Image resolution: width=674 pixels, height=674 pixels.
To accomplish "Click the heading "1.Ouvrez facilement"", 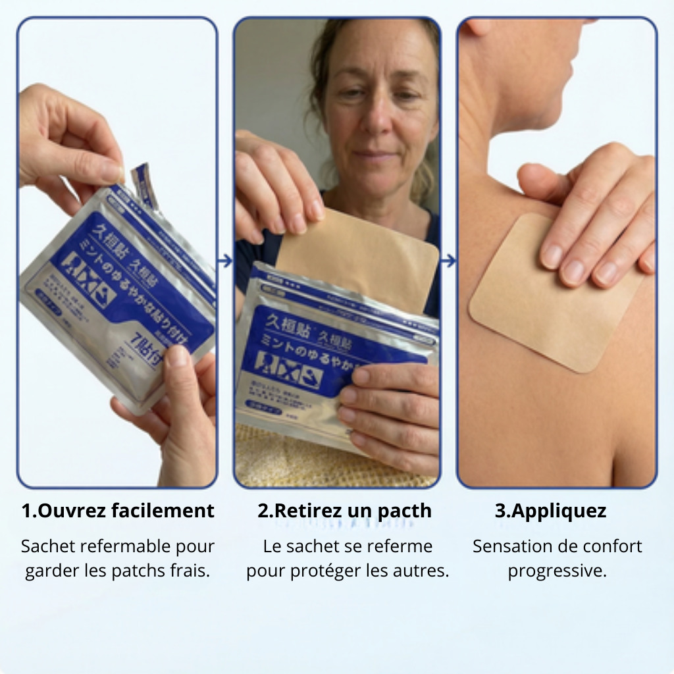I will pyautogui.click(x=118, y=511).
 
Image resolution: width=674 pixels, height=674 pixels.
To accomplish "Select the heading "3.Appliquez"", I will pyautogui.click(x=550, y=511).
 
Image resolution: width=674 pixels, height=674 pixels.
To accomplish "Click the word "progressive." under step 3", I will pyautogui.click(x=557, y=571).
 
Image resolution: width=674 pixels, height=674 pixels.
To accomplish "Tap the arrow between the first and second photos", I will pyautogui.click(x=225, y=261).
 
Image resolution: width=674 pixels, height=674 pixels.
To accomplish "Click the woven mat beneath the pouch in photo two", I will pyautogui.click(x=283, y=461).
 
